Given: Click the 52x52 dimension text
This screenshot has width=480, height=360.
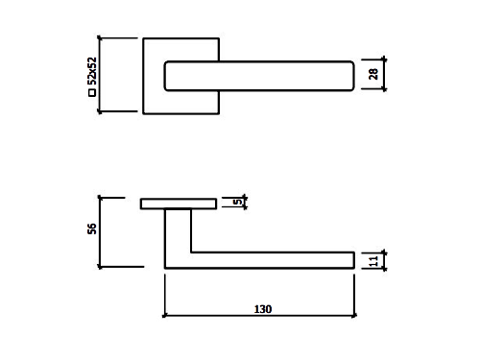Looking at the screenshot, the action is [x=92, y=71].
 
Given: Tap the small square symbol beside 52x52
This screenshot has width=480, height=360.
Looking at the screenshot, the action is [x=92, y=93].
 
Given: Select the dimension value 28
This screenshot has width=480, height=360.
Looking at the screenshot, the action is [x=373, y=74].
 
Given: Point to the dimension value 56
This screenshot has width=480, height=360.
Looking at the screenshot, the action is [x=92, y=228].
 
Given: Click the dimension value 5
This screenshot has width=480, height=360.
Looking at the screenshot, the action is [x=237, y=202].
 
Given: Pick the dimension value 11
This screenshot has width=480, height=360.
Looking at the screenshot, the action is [x=373, y=261].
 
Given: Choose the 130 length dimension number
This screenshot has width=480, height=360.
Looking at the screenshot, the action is [x=263, y=309].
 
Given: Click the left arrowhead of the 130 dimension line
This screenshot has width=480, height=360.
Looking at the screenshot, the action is [x=164, y=316].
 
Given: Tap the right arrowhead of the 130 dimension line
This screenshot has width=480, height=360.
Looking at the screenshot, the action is [x=354, y=316].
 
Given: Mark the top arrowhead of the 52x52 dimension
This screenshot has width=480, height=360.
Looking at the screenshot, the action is [x=100, y=38].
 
